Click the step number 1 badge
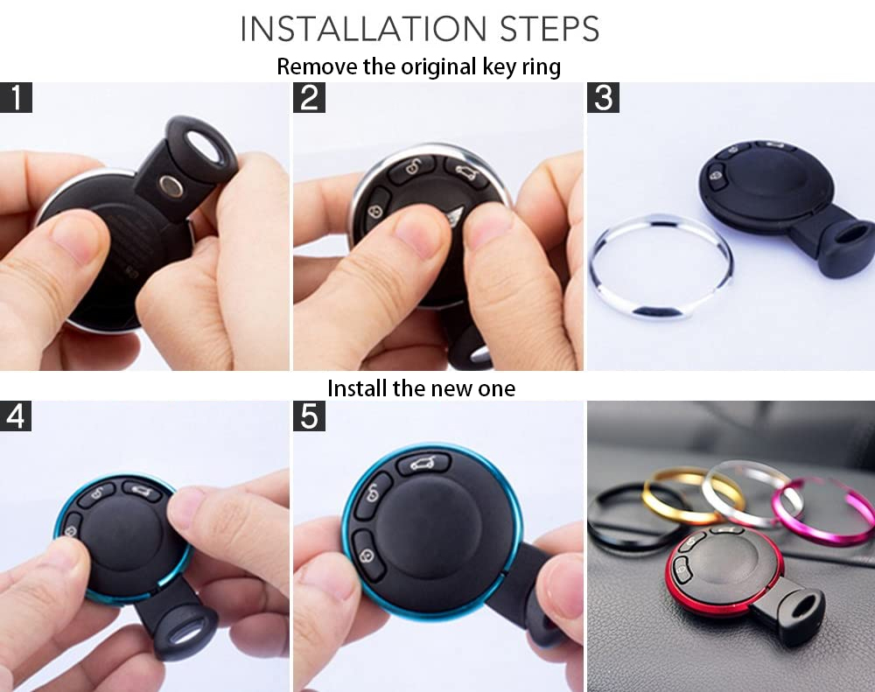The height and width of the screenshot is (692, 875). click(16, 97)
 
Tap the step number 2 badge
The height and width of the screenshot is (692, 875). click(309, 97)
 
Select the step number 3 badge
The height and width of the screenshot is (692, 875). click(603, 97)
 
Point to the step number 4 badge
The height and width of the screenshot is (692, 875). click(16, 416)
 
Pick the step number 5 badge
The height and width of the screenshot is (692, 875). click(309, 416)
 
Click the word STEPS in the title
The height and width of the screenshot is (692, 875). click(549, 29)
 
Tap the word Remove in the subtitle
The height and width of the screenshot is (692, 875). click(317, 66)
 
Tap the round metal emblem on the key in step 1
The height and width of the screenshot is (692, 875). click(171, 186)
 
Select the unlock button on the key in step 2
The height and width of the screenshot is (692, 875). click(412, 168)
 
